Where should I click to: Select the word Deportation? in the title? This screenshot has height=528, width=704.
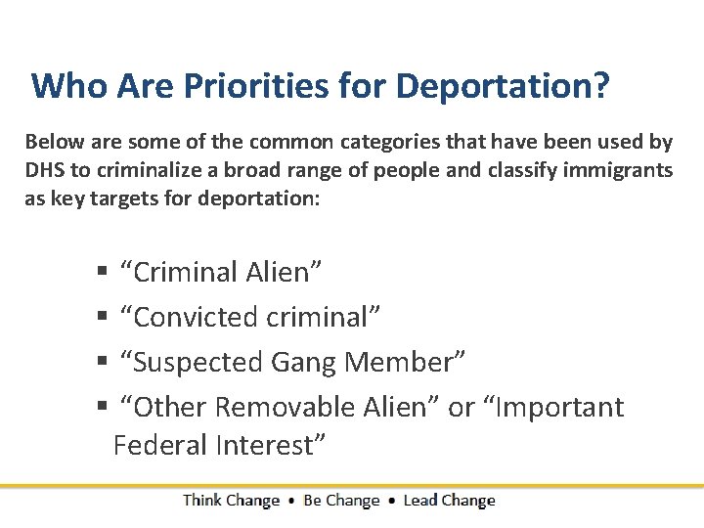(503, 86)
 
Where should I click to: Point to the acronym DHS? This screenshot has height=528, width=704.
(44, 170)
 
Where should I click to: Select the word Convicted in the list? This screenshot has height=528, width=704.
(191, 318)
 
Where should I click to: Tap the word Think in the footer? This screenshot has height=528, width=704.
(201, 501)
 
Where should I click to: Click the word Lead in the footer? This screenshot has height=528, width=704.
(419, 501)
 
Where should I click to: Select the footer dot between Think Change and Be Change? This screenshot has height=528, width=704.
(291, 501)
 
